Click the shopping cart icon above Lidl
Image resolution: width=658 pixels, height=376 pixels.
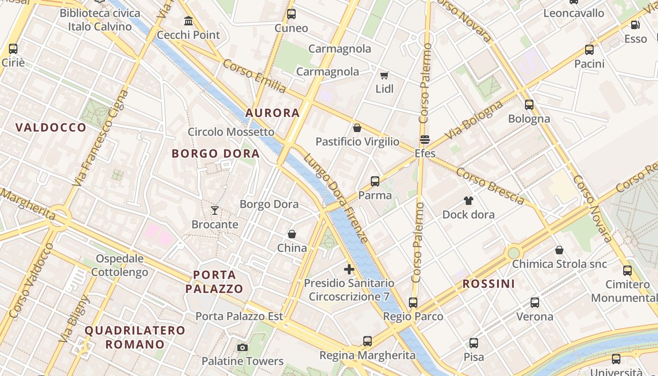(x=384, y=75)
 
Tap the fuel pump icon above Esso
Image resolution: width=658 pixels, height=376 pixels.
(x=635, y=25)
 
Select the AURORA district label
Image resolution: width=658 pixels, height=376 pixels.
(x=273, y=113)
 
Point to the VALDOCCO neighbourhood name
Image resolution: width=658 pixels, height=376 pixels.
(x=51, y=127)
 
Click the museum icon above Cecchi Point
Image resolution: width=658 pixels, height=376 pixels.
(x=188, y=21)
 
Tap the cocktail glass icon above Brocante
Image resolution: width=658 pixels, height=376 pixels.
(x=215, y=210)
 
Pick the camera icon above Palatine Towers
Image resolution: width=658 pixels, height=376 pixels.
(x=243, y=347)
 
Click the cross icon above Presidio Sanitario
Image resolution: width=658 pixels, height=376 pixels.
(x=349, y=269)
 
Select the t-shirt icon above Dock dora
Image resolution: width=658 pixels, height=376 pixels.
(x=468, y=201)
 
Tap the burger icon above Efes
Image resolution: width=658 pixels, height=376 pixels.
(x=425, y=139)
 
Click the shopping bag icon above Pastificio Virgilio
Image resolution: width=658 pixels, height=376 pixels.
(x=357, y=128)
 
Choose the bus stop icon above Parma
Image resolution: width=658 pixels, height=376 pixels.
(x=375, y=181)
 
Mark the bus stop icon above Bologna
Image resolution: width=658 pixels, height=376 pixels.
(x=529, y=105)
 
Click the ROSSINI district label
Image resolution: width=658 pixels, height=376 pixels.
(x=488, y=284)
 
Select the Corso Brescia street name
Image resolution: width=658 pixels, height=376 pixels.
(x=490, y=187)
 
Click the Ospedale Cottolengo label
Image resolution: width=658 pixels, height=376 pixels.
(x=120, y=265)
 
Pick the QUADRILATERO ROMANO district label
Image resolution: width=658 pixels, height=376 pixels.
(x=135, y=337)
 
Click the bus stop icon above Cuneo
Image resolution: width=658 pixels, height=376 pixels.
(x=291, y=14)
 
